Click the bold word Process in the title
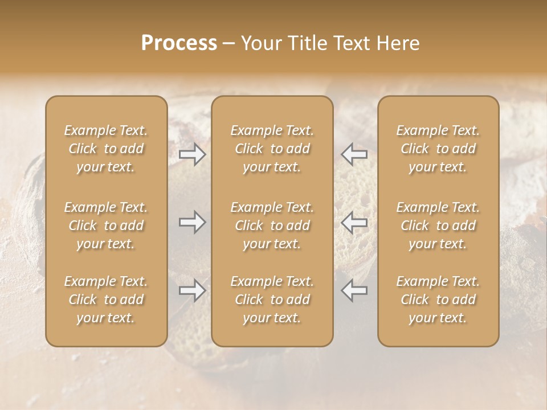[x=179, y=43]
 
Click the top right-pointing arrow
[x=193, y=154]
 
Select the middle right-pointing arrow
[x=193, y=222]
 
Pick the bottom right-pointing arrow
[x=193, y=290]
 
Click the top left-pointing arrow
[x=354, y=154]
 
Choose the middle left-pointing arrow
[x=354, y=222]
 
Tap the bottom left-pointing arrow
[x=354, y=290]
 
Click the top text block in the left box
[x=106, y=149]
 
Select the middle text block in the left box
[x=106, y=225]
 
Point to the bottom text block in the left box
[x=106, y=300]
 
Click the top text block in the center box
[x=272, y=149]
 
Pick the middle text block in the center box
[x=272, y=225]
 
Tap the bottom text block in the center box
[x=272, y=300]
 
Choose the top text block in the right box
[x=438, y=149]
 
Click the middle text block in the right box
[x=438, y=225]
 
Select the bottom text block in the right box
[x=438, y=300]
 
